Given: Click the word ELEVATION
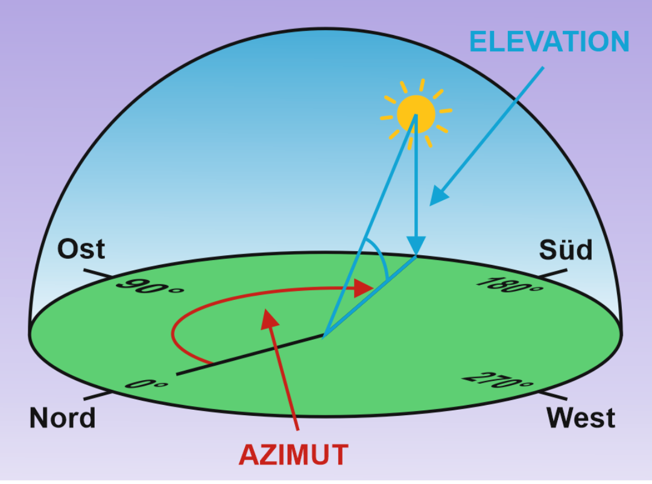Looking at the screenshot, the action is (549, 42).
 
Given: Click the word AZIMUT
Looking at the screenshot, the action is (294, 455).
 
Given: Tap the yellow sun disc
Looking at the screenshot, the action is (416, 114).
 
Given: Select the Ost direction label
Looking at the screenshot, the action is (81, 249).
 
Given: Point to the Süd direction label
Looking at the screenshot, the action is (566, 249).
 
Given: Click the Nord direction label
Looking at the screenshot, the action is (62, 418).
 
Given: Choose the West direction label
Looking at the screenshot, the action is (581, 418).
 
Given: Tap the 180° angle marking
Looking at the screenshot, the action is (510, 285).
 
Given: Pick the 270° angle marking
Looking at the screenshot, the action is (498, 380).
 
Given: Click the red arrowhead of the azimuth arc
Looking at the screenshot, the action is (364, 288).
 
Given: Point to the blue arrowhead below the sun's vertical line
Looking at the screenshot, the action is (416, 245).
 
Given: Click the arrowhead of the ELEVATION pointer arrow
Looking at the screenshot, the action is (438, 196).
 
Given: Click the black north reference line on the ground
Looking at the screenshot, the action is (250, 354).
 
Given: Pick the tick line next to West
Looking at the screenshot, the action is (553, 395).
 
